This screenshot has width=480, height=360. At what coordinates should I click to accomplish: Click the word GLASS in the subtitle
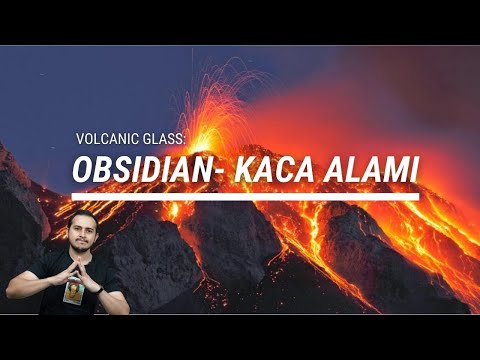[162, 139]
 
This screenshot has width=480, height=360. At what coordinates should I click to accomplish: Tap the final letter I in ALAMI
[410, 171]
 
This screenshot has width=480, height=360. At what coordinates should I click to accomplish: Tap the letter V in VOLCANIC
[79, 139]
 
